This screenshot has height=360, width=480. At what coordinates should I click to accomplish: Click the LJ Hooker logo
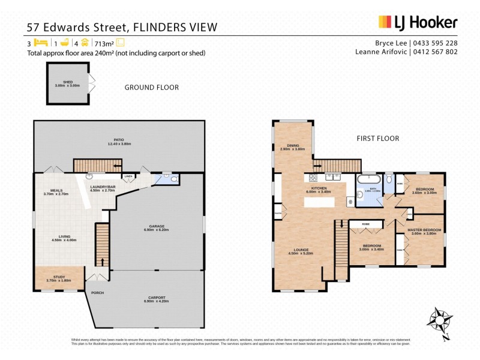pyautogui.click(x=418, y=22)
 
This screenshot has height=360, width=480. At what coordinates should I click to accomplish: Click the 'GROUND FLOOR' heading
pyautogui.click(x=151, y=88)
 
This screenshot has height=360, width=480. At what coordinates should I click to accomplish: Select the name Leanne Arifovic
pyautogui.click(x=382, y=52)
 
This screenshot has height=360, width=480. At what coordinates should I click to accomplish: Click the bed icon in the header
pyautogui.click(x=40, y=43)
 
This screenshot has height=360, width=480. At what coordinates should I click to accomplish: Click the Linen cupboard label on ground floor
pyautogui.click(x=128, y=176)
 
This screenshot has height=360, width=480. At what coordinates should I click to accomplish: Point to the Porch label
pyautogui.click(x=97, y=293)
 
